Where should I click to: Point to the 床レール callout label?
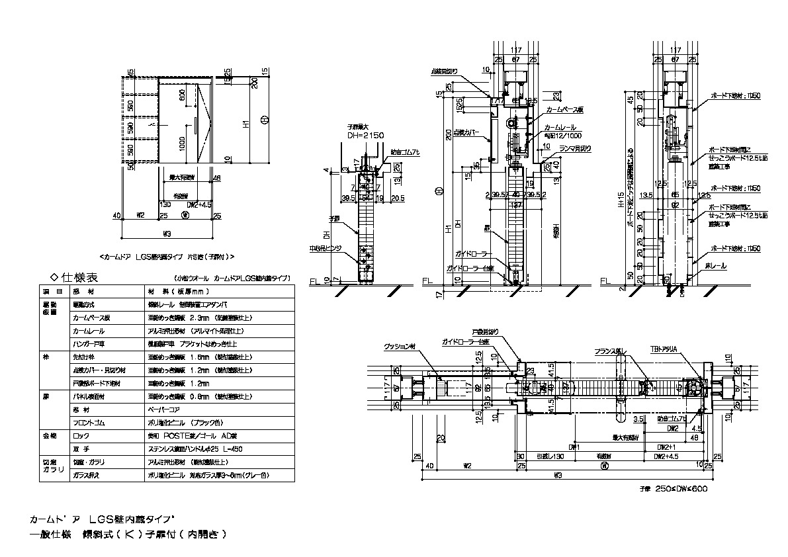[716, 266]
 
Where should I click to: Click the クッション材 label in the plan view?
[400, 347]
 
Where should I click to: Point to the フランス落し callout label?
[610, 353]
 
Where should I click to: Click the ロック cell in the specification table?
[79, 437]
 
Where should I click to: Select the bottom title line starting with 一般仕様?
[128, 535]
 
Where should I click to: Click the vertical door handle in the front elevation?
[195, 126]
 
